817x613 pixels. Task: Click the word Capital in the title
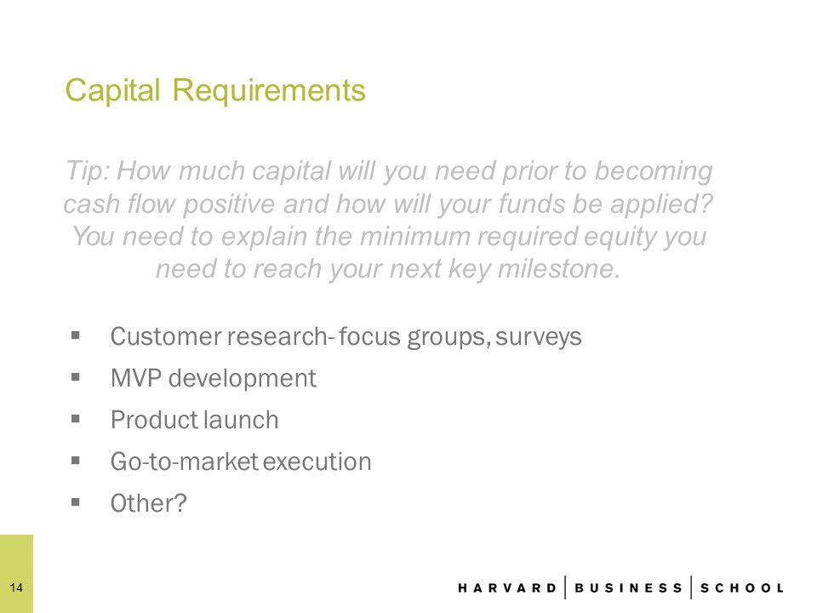point(112,91)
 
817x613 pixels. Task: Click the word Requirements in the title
point(269,91)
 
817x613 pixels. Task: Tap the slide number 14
point(16,587)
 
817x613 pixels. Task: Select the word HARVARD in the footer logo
point(507,588)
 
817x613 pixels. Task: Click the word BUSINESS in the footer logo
point(628,588)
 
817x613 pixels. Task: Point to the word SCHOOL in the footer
point(741,588)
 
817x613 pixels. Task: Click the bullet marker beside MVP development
point(76,376)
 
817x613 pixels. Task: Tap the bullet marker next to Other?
point(76,502)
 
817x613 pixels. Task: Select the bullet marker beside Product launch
point(76,418)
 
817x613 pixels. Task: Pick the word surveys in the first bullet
point(538,337)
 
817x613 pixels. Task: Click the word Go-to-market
point(185,461)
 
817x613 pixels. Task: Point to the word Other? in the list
point(148,503)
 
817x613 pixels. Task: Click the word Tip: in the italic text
point(88,171)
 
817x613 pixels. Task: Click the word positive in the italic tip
point(229,203)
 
